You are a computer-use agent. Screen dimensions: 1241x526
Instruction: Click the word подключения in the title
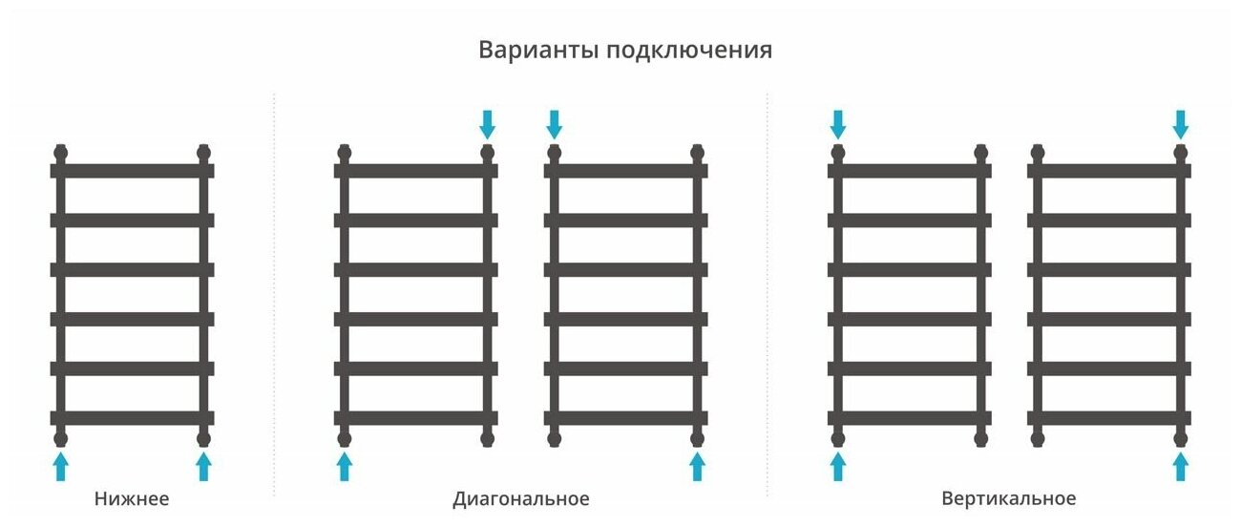[689, 51]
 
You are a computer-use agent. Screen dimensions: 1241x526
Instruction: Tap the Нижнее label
[132, 498]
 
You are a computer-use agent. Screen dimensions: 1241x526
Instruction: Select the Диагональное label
[521, 499]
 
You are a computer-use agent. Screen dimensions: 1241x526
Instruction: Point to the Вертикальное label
[1008, 498]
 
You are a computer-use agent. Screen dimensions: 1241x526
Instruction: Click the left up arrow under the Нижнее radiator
[61, 467]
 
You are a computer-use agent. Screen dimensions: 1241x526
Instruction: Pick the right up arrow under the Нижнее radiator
[203, 467]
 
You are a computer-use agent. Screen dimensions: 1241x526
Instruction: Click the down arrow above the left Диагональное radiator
[488, 123]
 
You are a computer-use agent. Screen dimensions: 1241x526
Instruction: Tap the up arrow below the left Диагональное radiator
[345, 467]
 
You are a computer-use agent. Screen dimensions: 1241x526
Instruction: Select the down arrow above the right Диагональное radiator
[555, 123]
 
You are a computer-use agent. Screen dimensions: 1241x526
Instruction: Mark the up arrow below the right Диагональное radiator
[698, 467]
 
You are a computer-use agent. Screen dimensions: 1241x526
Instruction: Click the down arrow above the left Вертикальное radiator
[838, 123]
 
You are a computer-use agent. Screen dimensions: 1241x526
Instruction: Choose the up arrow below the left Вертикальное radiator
[838, 467]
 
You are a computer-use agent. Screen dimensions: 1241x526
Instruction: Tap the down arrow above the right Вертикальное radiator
[1181, 123]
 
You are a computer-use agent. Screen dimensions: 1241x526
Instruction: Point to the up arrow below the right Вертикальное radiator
[1181, 467]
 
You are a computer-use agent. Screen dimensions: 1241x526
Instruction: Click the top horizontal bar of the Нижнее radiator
[132, 171]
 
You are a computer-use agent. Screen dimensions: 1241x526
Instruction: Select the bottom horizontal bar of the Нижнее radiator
[132, 417]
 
